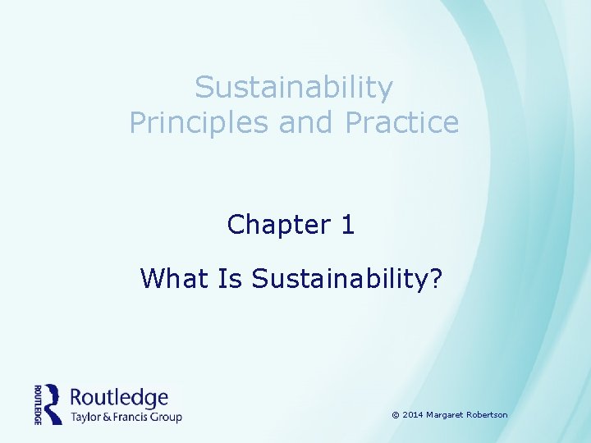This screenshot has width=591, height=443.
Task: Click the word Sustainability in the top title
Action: [294, 87]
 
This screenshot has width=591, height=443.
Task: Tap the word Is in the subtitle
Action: [229, 279]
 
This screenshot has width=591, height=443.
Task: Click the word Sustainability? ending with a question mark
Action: [347, 279]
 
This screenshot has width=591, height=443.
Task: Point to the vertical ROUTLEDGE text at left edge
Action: [38, 404]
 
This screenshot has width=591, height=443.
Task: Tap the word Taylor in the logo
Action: [87, 417]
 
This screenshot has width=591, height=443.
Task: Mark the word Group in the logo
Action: [167, 417]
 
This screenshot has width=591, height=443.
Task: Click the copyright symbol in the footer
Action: [396, 415]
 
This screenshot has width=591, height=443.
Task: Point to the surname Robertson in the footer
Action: [488, 415]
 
